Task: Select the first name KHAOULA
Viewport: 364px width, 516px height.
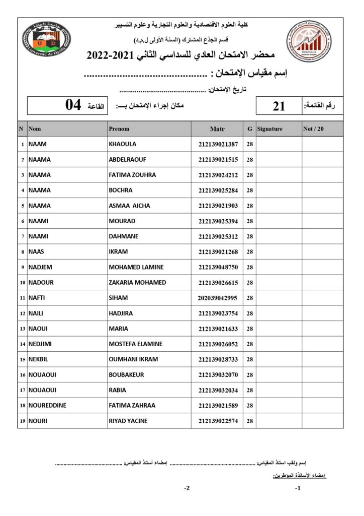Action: (123, 144)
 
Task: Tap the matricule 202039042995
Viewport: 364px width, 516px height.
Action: (218, 298)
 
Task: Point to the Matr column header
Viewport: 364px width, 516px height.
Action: (217, 129)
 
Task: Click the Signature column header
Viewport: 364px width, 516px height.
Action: (270, 129)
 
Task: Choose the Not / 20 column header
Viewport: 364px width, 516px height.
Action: (314, 129)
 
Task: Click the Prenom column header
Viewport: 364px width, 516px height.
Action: (119, 129)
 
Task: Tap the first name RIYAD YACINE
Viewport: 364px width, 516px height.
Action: (128, 421)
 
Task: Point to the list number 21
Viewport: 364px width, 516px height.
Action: (279, 106)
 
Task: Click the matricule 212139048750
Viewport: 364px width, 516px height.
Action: (218, 267)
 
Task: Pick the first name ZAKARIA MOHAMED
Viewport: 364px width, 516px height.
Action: (137, 282)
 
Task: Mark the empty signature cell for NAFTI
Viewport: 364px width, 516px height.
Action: (279, 298)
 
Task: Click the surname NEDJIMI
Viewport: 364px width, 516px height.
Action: (41, 344)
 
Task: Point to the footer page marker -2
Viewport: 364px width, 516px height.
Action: (187, 488)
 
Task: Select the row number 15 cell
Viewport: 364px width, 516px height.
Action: (23, 359)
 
